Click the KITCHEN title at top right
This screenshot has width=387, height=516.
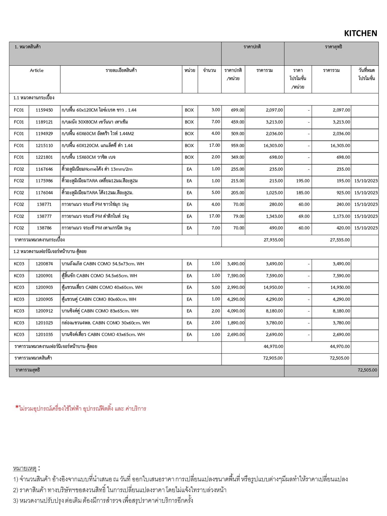coord(360,34)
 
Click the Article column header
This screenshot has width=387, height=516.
coord(37,71)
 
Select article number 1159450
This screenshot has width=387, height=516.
coord(44,110)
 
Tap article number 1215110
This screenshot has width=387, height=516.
coord(44,146)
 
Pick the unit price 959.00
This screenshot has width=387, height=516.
coord(237,146)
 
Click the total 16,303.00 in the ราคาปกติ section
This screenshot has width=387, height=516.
coord(273,146)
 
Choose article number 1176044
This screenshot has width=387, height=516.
coord(44,193)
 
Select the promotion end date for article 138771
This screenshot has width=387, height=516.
coord(366,205)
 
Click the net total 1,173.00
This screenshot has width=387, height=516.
coord(341,216)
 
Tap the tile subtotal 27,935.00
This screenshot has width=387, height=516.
coord(273,240)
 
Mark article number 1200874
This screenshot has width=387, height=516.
coord(44,264)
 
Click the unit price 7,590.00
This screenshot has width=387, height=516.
coord(236,276)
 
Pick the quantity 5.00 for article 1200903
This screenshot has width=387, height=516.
coord(216,287)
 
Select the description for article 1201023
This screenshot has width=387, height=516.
coord(105,323)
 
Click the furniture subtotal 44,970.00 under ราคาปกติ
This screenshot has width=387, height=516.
coord(273,347)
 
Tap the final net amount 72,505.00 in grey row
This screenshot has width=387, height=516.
coord(367,370)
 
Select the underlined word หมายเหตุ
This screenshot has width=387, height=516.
coord(25,469)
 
